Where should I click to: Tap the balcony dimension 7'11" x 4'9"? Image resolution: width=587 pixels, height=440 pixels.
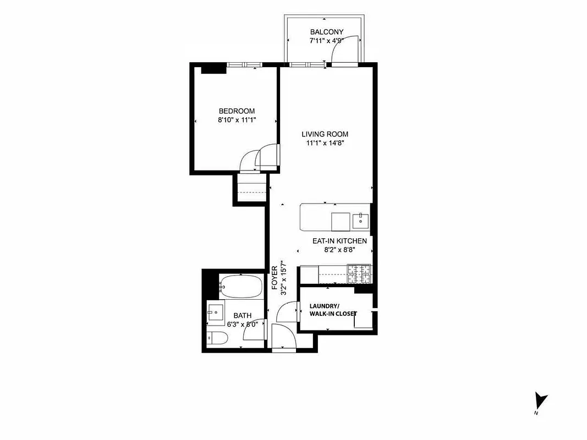[x=325, y=41]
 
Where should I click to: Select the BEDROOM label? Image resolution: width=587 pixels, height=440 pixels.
[x=237, y=111]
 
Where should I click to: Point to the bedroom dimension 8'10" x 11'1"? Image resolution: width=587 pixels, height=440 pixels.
[x=237, y=120]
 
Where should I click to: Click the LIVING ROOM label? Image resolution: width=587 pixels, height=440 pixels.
[x=325, y=134]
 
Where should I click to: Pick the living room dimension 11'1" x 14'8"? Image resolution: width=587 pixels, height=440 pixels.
[x=325, y=143]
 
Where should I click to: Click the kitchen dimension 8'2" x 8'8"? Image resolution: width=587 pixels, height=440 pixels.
[x=338, y=249]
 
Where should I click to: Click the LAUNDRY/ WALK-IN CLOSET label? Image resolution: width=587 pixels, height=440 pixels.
[x=332, y=310]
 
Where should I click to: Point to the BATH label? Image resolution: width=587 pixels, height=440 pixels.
[x=242, y=315]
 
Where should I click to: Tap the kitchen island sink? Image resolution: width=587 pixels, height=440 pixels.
[x=361, y=220]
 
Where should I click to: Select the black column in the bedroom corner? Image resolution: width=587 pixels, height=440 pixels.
[x=213, y=69]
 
